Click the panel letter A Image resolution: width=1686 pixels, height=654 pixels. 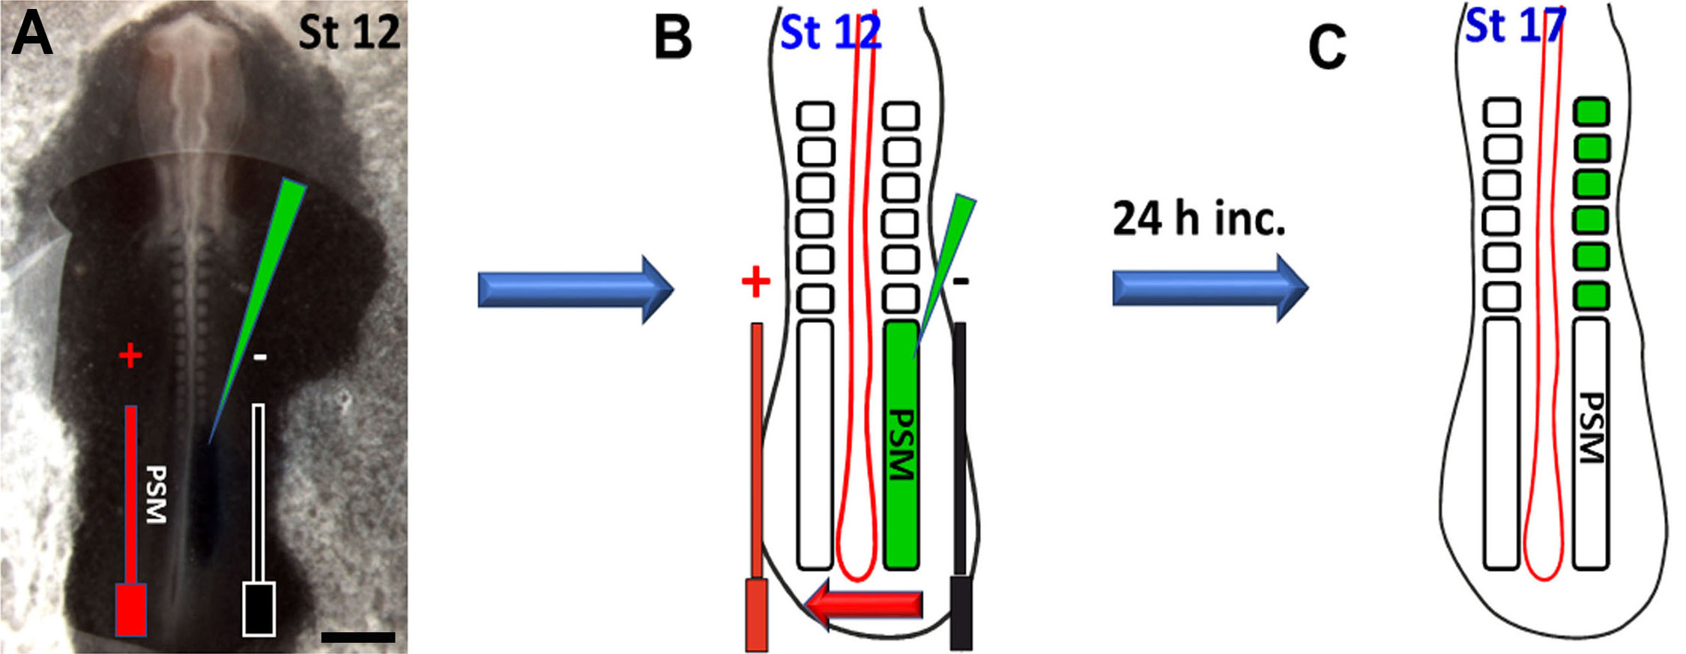(x=31, y=35)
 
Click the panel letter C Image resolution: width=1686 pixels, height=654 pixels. (x=1326, y=46)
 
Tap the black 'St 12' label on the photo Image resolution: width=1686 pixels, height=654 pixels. (x=349, y=32)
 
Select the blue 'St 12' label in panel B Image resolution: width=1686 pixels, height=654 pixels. (x=830, y=33)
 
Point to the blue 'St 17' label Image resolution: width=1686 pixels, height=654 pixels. (x=1514, y=26)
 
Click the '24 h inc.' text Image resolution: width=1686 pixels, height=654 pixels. (x=1199, y=219)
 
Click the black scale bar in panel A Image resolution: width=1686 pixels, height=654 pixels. (x=357, y=638)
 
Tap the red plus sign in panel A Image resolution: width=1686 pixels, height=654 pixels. (x=130, y=355)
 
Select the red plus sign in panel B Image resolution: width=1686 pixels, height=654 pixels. (x=755, y=282)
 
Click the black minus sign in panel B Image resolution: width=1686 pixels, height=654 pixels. (x=961, y=282)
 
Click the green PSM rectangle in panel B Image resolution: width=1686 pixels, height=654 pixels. (x=901, y=445)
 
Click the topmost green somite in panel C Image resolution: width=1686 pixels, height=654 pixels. (x=1592, y=112)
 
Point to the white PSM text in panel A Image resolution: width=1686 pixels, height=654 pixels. (x=156, y=494)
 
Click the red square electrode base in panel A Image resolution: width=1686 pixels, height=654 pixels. (x=130, y=608)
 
